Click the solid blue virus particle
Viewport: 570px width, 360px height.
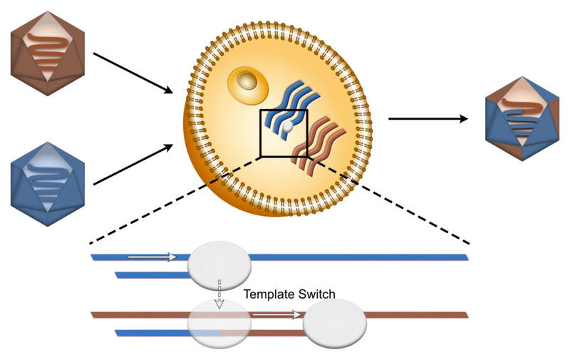(48, 184)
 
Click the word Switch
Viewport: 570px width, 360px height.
(314, 294)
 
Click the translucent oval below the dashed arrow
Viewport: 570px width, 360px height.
(219, 324)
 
